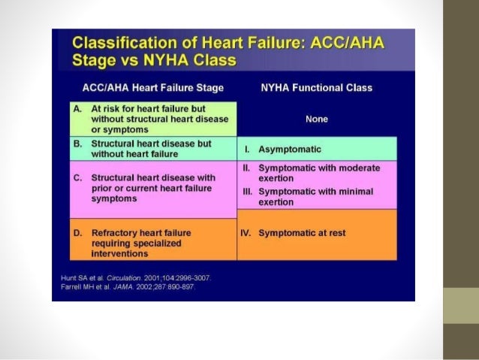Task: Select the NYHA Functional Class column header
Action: [316, 88]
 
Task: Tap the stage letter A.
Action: [77, 108]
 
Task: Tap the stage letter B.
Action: [77, 143]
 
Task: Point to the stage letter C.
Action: [77, 178]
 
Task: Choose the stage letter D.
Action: [77, 233]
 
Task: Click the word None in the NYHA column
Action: [317, 119]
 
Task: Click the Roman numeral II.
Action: [246, 168]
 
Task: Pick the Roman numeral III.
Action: [246, 191]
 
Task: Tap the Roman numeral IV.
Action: [246, 233]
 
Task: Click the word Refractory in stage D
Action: [116, 233]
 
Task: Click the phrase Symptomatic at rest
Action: [302, 233]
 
